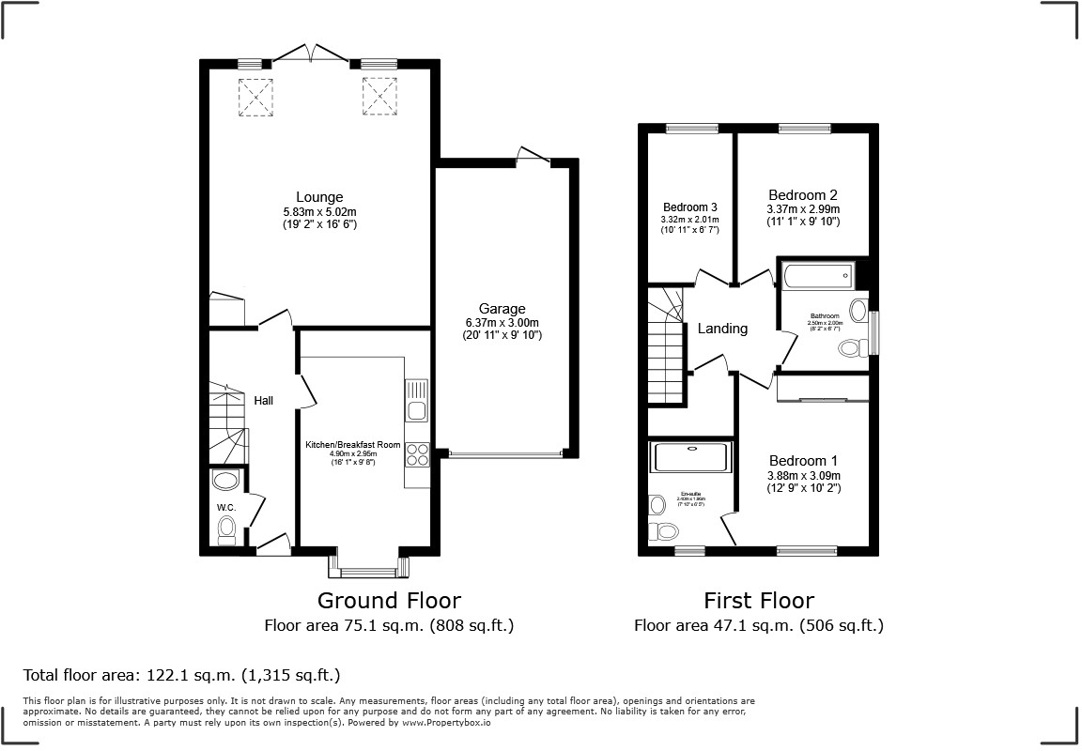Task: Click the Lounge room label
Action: pos(319,197)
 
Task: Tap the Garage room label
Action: pos(502,308)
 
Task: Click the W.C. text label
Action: pos(225,508)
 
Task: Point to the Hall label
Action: pos(264,401)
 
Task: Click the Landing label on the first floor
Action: pos(722,329)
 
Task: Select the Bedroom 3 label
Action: pos(690,207)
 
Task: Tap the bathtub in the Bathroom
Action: pos(816,275)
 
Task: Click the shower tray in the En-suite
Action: pos(692,457)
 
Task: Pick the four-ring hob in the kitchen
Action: pos(417,454)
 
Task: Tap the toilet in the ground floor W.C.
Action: pos(226,532)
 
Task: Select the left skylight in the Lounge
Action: pos(254,98)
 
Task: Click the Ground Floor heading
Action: pos(389,600)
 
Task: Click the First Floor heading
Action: pos(759,600)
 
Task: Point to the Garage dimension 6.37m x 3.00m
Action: pos(502,323)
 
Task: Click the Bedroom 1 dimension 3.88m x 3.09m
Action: pos(803,476)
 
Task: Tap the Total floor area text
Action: pos(181,675)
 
